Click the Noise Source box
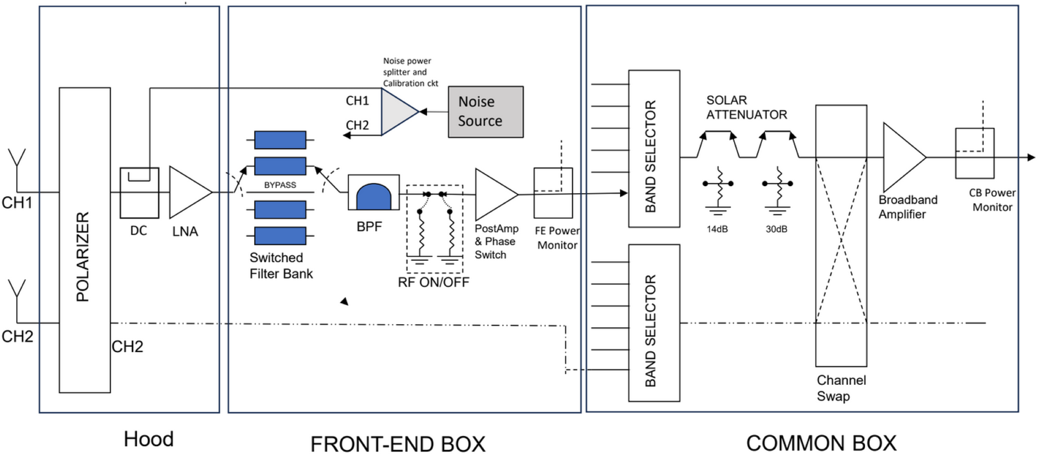pos(486,112)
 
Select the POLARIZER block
pos(85,240)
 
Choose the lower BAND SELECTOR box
pos(654,323)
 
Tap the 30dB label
pos(776,229)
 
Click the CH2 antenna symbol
pos(17,300)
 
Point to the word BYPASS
pos(280,185)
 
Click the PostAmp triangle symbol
pos(496,194)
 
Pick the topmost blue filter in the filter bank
pos(280,140)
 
